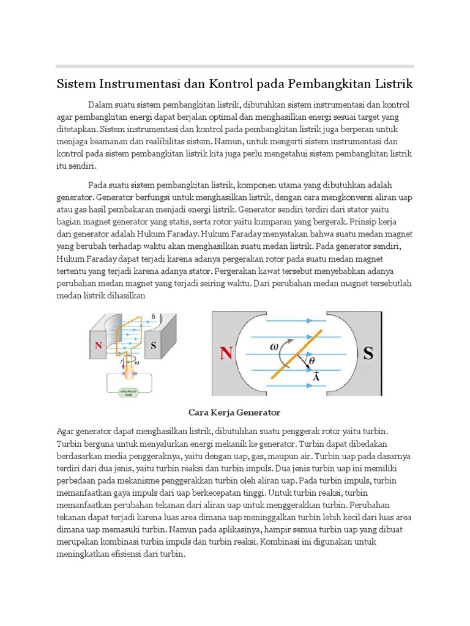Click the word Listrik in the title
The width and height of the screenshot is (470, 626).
pos(392,83)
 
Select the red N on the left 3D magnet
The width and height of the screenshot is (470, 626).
pos(98,345)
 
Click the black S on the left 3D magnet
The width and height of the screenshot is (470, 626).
pos(154,345)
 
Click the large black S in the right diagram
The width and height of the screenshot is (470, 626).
pos(368,353)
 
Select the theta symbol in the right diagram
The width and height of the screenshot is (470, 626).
pos(311,362)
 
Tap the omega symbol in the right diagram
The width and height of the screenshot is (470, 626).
pos(275,346)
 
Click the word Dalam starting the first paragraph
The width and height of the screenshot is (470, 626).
pos(100,104)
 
